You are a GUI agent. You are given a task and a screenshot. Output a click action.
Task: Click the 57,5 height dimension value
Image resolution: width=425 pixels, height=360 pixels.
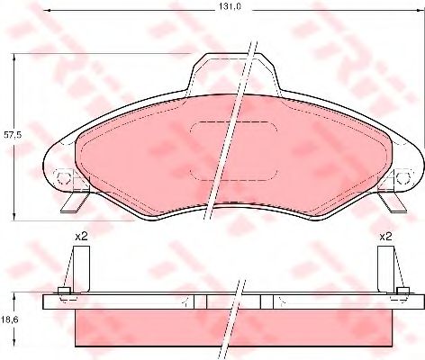point(13,135)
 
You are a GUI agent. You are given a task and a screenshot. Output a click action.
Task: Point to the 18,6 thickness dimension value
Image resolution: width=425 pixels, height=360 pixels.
point(12,319)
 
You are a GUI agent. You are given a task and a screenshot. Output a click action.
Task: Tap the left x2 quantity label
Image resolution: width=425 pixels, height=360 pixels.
point(81,237)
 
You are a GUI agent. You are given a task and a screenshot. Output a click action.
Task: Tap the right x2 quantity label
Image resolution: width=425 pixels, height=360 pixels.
point(385,237)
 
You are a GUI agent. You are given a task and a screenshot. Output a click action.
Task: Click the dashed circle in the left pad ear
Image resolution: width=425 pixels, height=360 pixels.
point(63,178)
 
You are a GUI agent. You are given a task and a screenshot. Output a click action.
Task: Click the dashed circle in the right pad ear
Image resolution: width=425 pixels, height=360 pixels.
point(403,178)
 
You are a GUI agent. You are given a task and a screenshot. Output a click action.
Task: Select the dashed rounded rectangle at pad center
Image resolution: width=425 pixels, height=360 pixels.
point(234,151)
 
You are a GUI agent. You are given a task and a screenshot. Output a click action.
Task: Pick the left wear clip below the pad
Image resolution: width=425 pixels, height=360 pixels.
point(74,202)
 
